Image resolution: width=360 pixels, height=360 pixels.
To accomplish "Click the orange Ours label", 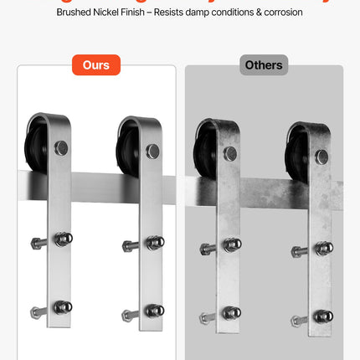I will (x=96, y=64).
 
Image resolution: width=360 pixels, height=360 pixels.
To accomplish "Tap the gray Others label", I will (x=264, y=64).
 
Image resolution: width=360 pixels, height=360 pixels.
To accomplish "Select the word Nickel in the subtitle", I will (x=120, y=13).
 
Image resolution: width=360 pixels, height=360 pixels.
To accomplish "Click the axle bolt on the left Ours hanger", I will (x=60, y=149).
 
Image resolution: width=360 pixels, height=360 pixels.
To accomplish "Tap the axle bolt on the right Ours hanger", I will (x=152, y=151).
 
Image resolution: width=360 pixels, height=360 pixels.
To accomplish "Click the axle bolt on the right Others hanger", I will (x=321, y=156).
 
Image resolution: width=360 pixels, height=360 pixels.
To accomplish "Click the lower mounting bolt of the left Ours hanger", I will (x=61, y=307).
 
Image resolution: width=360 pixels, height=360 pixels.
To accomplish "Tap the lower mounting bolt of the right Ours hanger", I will (x=153, y=311).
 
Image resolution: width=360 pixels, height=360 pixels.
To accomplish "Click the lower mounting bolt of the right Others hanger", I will (x=322, y=316).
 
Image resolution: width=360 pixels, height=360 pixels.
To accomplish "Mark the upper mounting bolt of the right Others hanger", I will (x=321, y=248).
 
